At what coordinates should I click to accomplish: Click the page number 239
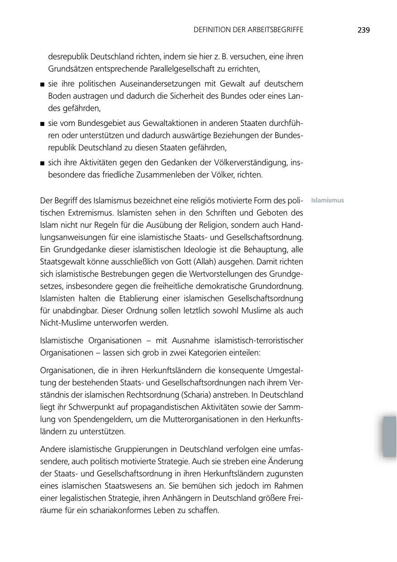tap(364, 30)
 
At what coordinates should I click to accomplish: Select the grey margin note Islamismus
tap(327, 200)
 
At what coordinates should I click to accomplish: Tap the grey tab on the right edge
tap(389, 437)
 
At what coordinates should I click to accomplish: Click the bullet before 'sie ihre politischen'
tap(42, 84)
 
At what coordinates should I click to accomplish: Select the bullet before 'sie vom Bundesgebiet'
tap(42, 124)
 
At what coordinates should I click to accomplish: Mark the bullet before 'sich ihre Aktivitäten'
tap(42, 163)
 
